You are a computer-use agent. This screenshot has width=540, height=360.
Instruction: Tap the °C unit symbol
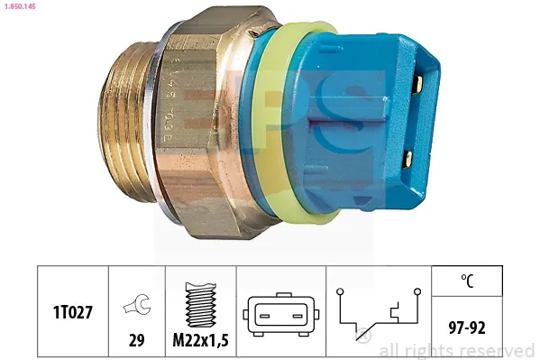466,281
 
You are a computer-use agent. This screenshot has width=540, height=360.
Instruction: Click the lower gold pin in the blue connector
408,158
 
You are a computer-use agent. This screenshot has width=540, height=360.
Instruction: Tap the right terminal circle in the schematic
418,292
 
